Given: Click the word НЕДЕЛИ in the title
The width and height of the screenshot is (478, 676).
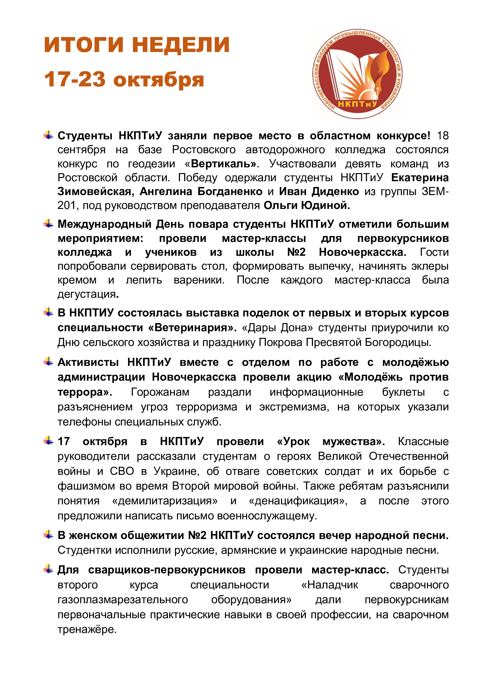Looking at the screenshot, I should (x=180, y=45).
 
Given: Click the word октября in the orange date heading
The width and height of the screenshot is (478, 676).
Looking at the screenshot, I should (x=158, y=80).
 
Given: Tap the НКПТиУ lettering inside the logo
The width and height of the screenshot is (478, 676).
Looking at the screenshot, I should (x=357, y=104).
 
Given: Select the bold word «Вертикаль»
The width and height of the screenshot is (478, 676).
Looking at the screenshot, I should (x=223, y=164).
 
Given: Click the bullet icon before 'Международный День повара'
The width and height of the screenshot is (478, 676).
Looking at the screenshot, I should (x=49, y=224).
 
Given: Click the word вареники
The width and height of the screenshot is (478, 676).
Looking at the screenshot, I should (x=199, y=280).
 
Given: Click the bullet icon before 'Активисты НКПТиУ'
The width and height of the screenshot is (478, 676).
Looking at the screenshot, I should (x=49, y=362).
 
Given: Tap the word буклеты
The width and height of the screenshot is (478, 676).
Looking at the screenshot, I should (x=403, y=392).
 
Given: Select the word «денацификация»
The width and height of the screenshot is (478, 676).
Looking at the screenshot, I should (x=298, y=501).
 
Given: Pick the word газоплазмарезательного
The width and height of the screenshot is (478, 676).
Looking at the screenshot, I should (x=123, y=599).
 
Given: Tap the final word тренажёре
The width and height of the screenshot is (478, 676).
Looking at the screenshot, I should (x=87, y=629).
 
